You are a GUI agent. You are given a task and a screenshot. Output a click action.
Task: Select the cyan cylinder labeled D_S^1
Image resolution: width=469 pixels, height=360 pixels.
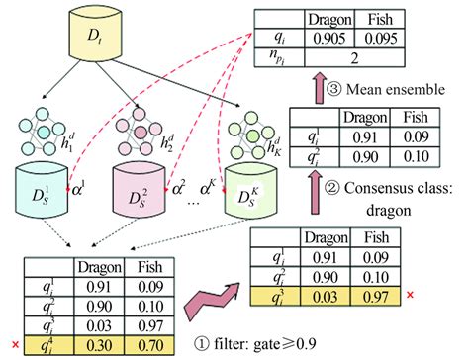(x=41, y=193)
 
